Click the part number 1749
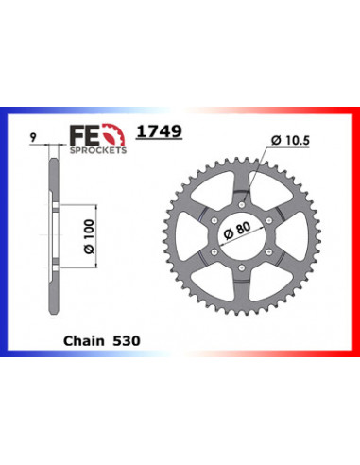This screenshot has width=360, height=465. pos(159,131)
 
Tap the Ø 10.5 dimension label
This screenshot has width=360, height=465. pos(290,141)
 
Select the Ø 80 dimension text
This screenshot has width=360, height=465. pos(237,230)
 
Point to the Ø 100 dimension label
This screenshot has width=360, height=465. pos(89,236)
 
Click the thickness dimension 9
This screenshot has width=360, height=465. pos(33,137)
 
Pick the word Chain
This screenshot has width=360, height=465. pos(84,341)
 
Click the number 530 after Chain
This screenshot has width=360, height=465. pos(126,341)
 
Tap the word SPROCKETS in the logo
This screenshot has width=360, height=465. pos(98,150)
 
